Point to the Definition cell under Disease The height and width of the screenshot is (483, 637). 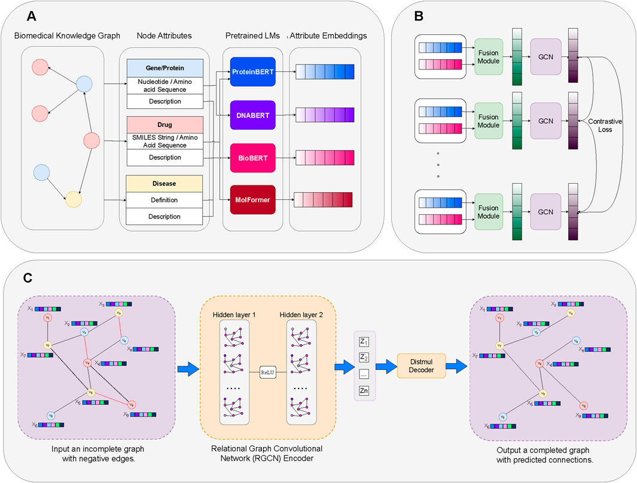[165, 199]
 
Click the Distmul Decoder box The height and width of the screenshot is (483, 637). [417, 363]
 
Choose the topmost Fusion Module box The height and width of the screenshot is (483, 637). [489, 56]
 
